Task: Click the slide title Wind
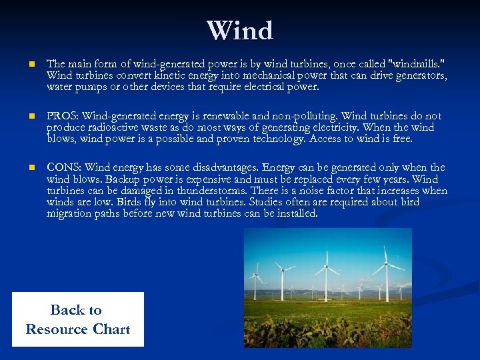coord(240,31)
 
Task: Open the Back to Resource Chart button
coord(77,319)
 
